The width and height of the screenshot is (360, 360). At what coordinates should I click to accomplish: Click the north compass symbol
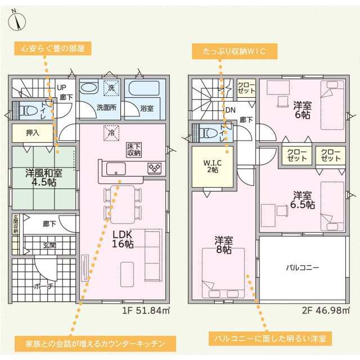17,20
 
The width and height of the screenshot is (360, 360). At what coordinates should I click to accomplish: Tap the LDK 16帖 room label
123,239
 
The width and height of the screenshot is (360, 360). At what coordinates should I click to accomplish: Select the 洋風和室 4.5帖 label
44,178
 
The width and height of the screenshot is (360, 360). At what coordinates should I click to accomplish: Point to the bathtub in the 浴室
144,88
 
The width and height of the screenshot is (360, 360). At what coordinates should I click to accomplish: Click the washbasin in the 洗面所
89,88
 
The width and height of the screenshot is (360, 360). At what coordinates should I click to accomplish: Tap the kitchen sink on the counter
116,169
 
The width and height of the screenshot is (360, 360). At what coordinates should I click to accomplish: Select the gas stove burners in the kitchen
155,168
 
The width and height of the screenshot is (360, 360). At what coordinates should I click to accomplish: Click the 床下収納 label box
134,150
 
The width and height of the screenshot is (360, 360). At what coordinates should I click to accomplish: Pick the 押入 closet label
33,133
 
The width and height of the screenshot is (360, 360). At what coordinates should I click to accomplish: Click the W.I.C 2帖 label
213,166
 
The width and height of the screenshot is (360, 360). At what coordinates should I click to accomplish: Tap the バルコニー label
303,268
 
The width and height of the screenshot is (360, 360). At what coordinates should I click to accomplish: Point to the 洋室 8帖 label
223,245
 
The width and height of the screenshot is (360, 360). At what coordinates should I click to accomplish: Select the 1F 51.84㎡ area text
146,310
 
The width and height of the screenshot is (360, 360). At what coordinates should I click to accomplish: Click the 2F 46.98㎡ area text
326,310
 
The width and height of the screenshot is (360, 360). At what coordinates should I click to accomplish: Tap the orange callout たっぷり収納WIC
235,51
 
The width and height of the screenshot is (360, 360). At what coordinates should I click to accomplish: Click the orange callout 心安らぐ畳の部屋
53,48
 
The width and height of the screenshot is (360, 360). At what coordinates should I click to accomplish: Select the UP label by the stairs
61,88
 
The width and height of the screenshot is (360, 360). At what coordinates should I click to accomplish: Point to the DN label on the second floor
231,110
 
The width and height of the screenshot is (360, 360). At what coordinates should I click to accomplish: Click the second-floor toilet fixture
208,133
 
